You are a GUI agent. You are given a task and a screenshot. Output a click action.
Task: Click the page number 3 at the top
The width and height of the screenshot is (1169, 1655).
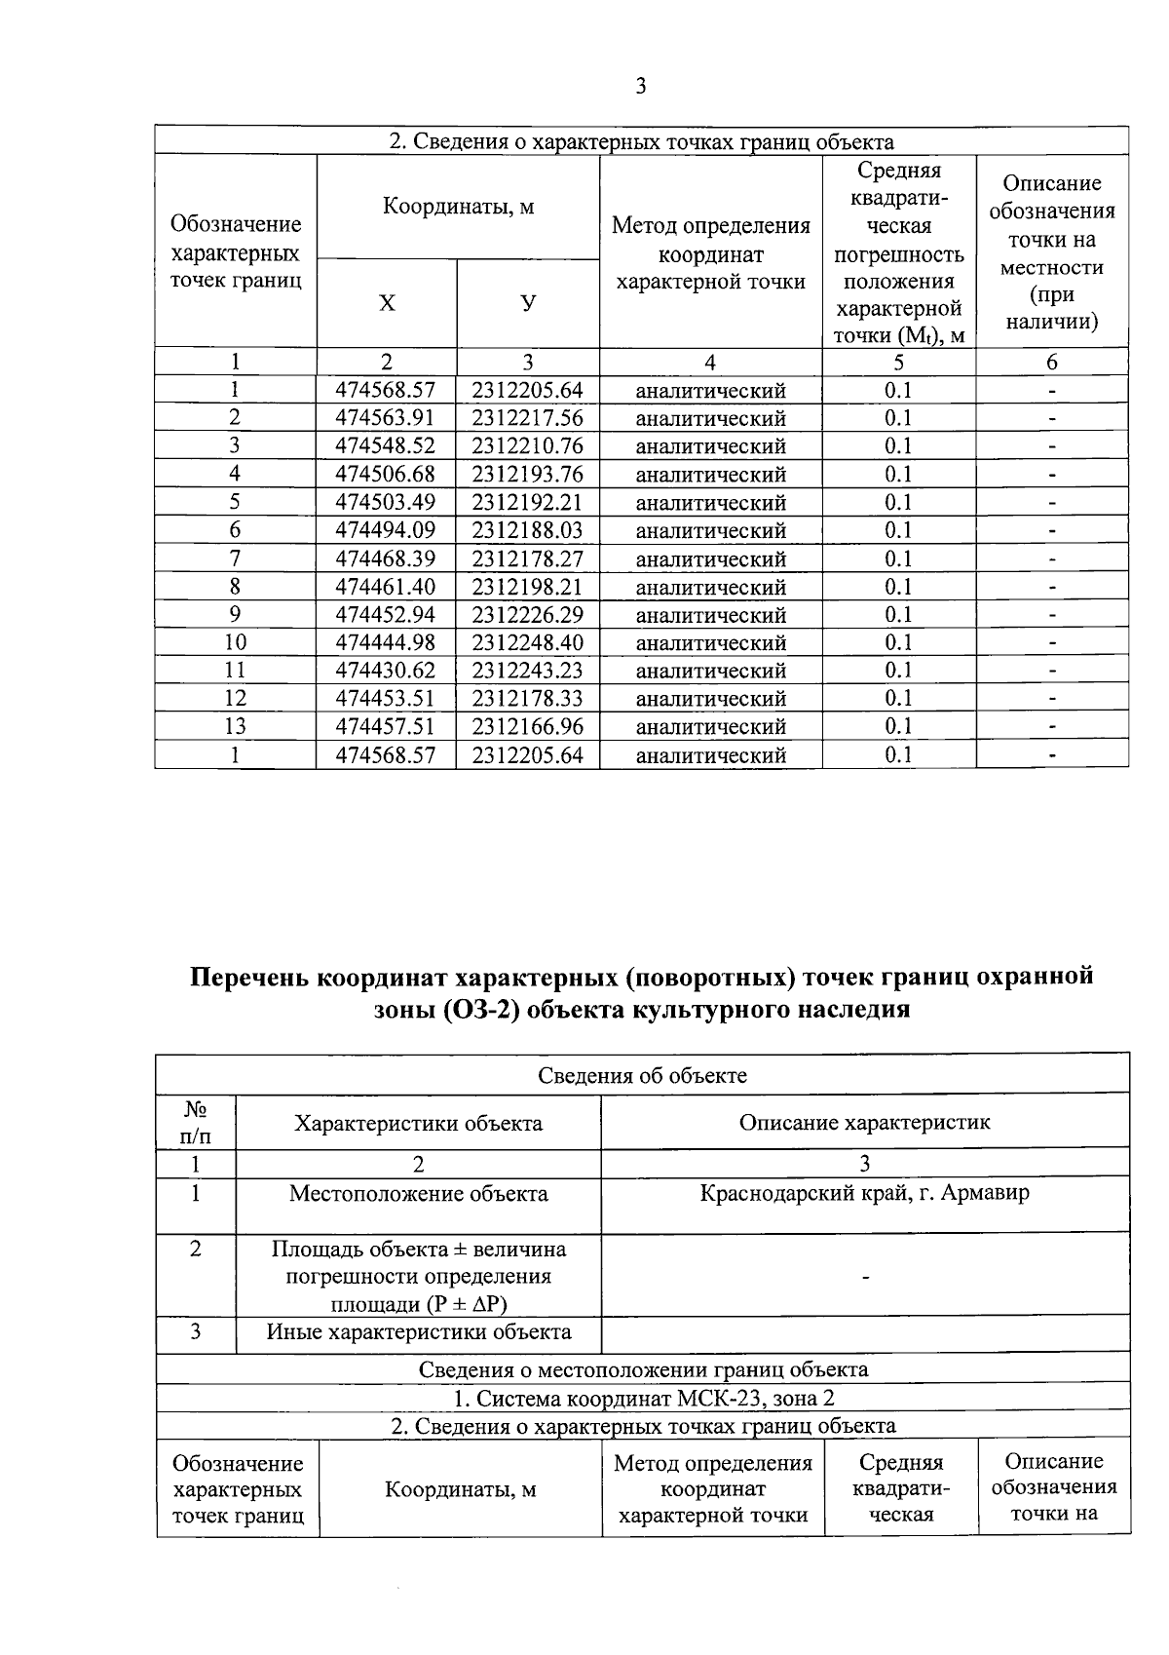click(x=640, y=87)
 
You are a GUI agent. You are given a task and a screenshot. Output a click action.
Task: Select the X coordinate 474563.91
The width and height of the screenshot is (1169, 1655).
click(x=386, y=418)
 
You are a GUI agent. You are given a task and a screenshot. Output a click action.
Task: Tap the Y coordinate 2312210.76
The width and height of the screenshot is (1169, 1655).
click(x=527, y=446)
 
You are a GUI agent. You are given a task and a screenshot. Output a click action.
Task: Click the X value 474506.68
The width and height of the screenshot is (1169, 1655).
click(x=386, y=475)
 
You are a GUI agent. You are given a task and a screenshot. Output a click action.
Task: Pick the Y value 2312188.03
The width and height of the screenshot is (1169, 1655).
click(x=527, y=530)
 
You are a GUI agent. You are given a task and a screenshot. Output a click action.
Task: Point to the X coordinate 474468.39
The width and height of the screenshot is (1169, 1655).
click(x=386, y=558)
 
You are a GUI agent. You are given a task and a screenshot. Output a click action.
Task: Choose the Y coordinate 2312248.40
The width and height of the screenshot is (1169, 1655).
click(x=527, y=642)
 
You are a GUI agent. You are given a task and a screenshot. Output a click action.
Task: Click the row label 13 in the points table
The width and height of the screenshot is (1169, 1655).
click(x=235, y=726)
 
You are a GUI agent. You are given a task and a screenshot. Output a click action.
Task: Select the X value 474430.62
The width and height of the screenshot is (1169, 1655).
click(x=386, y=671)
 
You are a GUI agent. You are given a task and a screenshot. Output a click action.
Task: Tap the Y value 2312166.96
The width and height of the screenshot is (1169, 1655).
click(x=527, y=726)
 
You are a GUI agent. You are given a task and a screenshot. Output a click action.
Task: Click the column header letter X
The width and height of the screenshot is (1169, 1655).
click(x=387, y=303)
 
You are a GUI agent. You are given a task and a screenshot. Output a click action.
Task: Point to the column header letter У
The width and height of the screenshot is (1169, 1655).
click(x=527, y=303)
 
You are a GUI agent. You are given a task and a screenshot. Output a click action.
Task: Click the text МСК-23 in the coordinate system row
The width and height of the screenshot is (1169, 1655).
click(x=714, y=1399)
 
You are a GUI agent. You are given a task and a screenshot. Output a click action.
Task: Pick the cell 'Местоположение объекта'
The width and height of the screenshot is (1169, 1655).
click(x=418, y=1193)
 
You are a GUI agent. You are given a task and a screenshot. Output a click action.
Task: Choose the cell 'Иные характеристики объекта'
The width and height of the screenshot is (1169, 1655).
click(x=419, y=1332)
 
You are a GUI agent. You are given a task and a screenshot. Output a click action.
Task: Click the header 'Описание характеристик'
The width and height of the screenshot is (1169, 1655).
click(x=864, y=1122)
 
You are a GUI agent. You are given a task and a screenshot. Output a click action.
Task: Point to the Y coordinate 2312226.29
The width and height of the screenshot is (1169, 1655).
click(x=527, y=615)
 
